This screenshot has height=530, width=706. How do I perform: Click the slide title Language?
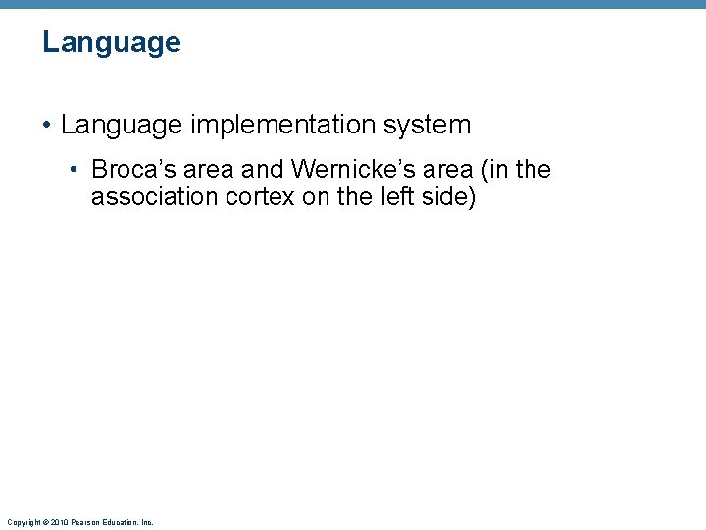[x=112, y=43]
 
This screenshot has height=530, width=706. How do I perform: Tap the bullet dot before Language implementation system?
[x=47, y=126]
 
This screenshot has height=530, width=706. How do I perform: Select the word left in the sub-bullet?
[x=387, y=197]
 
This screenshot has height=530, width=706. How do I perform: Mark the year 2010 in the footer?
[x=58, y=522]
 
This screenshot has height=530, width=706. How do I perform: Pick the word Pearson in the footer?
[x=84, y=522]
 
